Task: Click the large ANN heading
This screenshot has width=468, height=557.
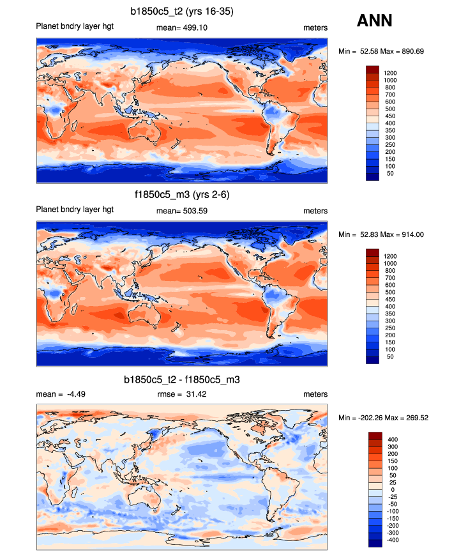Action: [x=374, y=21]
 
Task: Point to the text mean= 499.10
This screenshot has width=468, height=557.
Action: [x=182, y=28]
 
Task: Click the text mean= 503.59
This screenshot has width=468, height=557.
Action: [x=182, y=211]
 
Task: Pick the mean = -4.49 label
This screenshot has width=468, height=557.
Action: [x=61, y=394]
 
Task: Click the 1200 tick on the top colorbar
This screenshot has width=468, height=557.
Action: [x=390, y=73]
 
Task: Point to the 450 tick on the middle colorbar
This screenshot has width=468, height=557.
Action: [x=390, y=299]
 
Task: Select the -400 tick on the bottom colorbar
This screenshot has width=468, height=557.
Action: [x=391, y=540]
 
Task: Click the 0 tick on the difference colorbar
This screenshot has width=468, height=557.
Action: [x=391, y=489]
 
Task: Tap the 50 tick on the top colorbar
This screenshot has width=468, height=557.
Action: [x=388, y=174]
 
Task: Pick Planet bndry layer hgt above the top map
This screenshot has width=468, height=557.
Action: [x=75, y=28]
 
